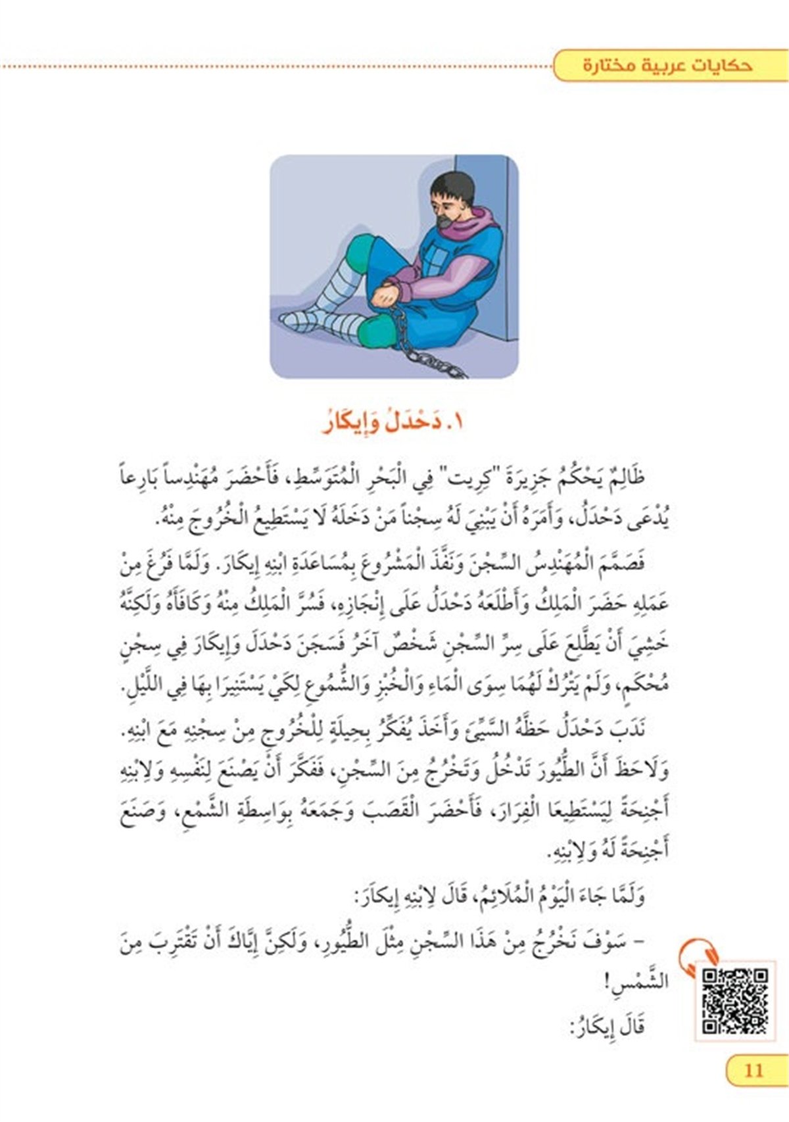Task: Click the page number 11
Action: pos(753,1070)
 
